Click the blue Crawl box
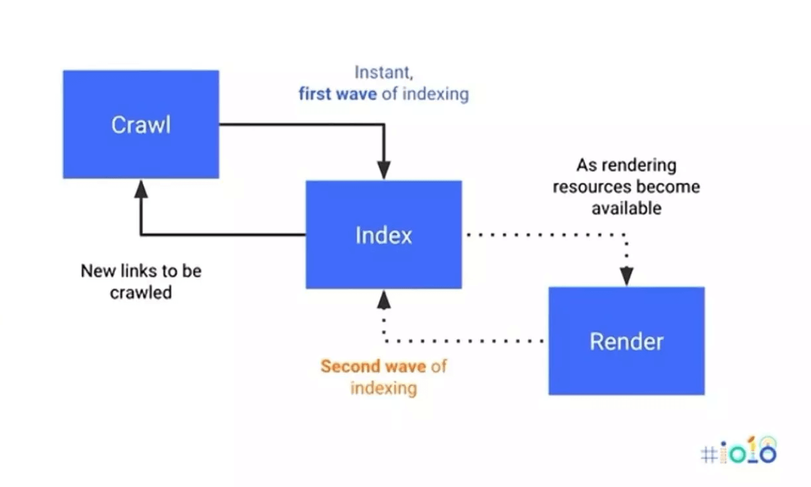(x=141, y=124)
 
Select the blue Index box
(x=383, y=235)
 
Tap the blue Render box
(x=626, y=341)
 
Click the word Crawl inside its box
(x=141, y=125)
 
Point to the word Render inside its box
(x=626, y=342)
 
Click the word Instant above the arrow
(x=383, y=73)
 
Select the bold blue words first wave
(x=338, y=95)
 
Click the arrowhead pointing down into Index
(x=383, y=170)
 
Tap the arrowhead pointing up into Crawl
(x=141, y=189)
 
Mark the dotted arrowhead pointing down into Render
(x=626, y=276)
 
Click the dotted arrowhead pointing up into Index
(x=383, y=300)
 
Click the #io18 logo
(x=738, y=451)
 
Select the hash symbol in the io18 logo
(x=709, y=455)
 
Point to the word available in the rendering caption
(x=626, y=208)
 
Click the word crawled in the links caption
(x=141, y=293)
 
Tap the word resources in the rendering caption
(x=592, y=187)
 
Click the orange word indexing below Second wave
(x=383, y=387)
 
